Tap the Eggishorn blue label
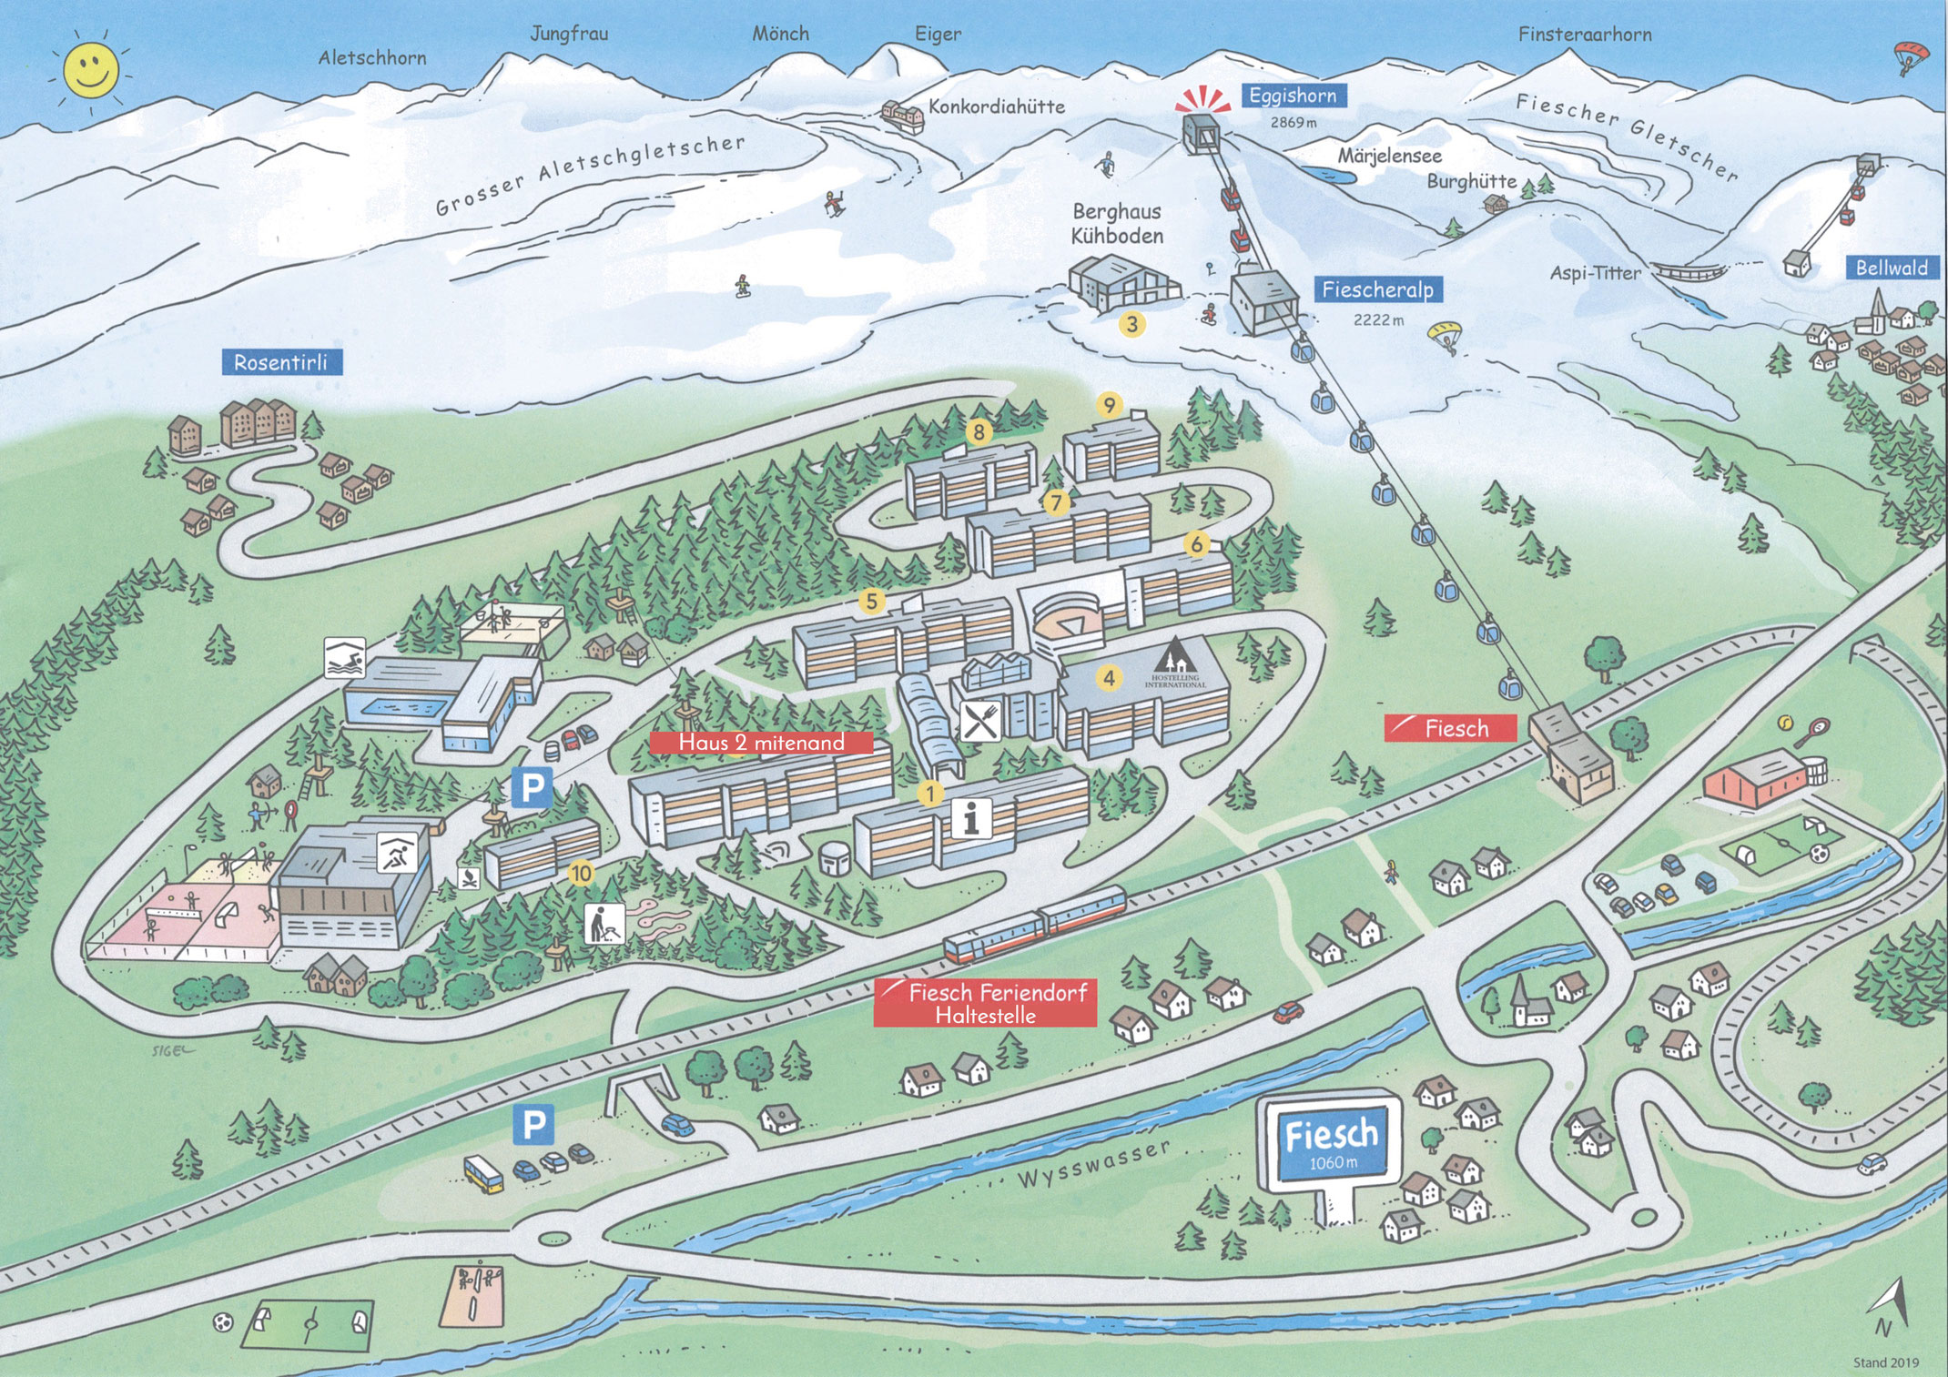[1293, 96]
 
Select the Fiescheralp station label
[1377, 290]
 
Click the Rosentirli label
[281, 362]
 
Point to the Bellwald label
[1892, 268]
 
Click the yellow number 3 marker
[1131, 324]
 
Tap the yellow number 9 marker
[1109, 405]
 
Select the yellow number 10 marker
[581, 874]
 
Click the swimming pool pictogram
[345, 657]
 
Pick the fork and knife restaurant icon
[980, 722]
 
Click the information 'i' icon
[971, 817]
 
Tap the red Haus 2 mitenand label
[761, 743]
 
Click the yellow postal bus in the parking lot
[483, 1174]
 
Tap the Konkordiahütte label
[996, 107]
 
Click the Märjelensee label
[1389, 157]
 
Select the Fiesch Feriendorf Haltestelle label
[986, 1003]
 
